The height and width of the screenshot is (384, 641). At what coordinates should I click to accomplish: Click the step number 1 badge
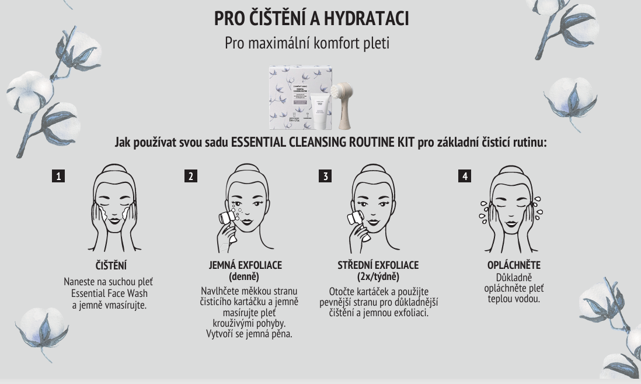(x=58, y=177)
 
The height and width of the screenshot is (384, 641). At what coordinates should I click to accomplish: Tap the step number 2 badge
(x=191, y=177)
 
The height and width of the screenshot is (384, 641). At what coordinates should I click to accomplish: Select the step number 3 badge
(x=325, y=177)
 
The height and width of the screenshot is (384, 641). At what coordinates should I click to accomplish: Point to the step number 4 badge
(x=465, y=177)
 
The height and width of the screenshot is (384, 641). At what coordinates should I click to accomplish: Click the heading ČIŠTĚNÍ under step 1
(x=111, y=265)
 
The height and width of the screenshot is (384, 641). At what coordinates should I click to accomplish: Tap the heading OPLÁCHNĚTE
(x=514, y=265)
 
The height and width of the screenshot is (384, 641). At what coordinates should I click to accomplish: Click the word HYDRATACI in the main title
(x=367, y=19)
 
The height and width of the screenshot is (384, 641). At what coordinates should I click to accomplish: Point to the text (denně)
(x=244, y=276)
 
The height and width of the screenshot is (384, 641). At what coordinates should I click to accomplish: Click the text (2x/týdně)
(x=378, y=276)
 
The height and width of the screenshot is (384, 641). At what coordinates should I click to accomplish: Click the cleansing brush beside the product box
(x=343, y=105)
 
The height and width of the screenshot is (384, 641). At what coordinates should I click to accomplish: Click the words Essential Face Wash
(x=109, y=293)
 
